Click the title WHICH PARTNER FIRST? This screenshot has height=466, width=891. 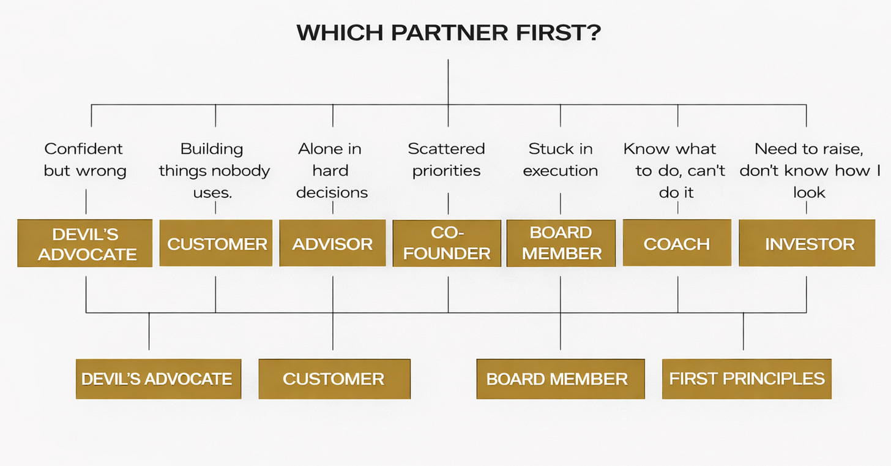(x=448, y=33)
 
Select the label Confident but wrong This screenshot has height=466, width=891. (x=84, y=159)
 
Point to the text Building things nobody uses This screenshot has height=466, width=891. (x=214, y=170)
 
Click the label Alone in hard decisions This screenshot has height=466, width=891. (x=332, y=170)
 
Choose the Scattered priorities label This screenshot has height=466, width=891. (x=446, y=159)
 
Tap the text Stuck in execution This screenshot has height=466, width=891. (x=560, y=159)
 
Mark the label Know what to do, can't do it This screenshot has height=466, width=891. (x=676, y=170)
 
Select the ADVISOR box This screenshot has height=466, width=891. (x=332, y=244)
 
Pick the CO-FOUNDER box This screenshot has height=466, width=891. (x=447, y=243)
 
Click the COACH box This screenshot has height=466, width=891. (x=677, y=243)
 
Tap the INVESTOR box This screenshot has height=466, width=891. (x=808, y=244)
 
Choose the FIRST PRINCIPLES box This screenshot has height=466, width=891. (x=747, y=378)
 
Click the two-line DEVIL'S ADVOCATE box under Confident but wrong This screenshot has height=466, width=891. (x=85, y=243)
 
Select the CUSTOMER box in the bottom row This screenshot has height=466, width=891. (x=334, y=378)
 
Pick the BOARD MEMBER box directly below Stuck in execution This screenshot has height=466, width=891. (x=561, y=243)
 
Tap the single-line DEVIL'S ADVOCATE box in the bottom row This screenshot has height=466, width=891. (x=158, y=378)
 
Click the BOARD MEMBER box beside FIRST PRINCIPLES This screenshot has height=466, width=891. (x=560, y=378)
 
